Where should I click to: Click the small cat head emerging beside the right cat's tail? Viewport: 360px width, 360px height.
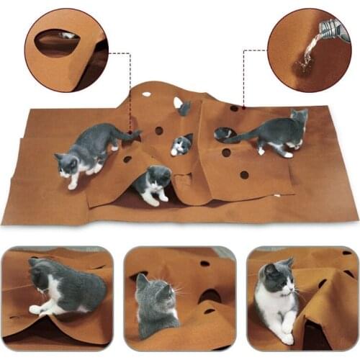pos(223,133)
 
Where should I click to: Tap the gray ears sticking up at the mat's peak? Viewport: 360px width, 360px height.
pos(184,108)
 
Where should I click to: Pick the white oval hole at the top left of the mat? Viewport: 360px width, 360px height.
pos(147,94)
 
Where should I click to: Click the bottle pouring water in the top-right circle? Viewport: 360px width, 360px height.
pos(329,30)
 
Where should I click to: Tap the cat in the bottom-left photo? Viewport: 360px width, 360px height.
pos(65,287)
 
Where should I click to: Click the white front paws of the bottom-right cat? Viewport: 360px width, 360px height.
pos(284,331)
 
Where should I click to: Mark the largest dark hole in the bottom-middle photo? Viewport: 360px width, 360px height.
pos(209,295)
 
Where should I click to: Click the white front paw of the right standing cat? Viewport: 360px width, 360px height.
pos(261,151)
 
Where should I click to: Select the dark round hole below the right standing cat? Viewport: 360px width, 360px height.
pos(244,174)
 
